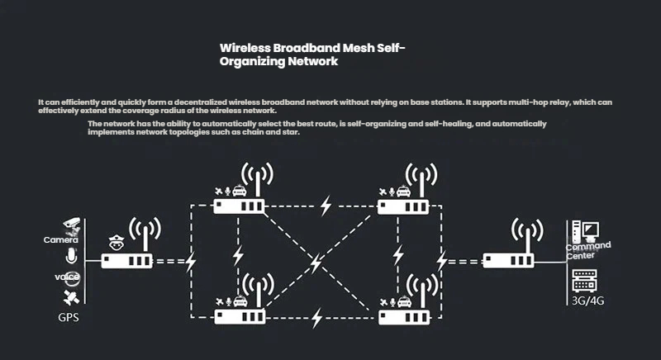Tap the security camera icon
(72, 223)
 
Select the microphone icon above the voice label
(71, 255)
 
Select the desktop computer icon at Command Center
(588, 230)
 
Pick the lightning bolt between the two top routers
(326, 203)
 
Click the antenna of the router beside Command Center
(521, 233)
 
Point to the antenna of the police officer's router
(146, 233)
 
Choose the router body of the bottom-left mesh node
(238, 315)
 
